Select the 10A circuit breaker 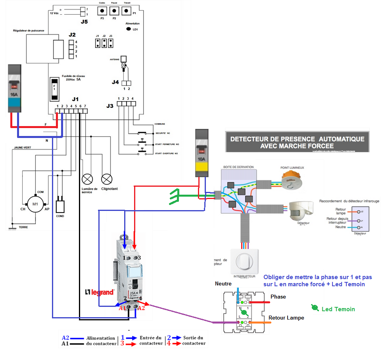[202, 153]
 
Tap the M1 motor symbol [35, 205]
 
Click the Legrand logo [100, 292]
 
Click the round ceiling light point [293, 181]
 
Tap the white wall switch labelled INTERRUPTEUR [244, 261]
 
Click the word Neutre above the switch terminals [223, 284]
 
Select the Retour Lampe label [286, 318]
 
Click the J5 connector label [84, 21]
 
